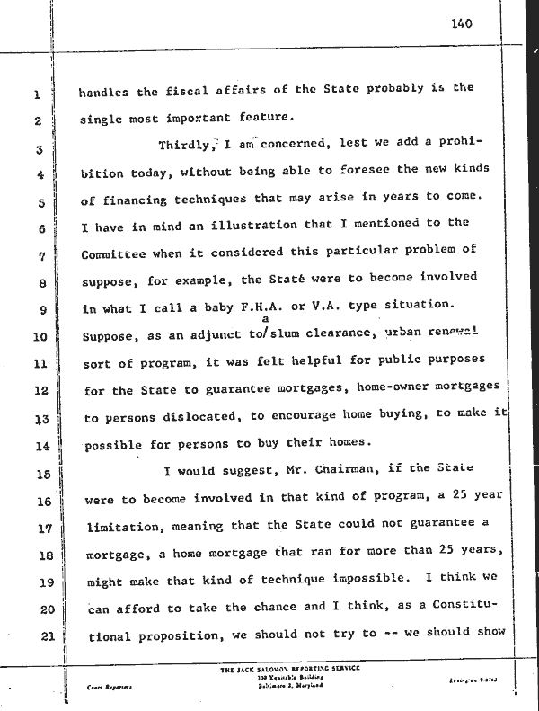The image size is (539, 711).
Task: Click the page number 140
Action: click(x=463, y=23)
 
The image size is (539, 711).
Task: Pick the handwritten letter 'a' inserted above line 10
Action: click(x=265, y=317)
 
